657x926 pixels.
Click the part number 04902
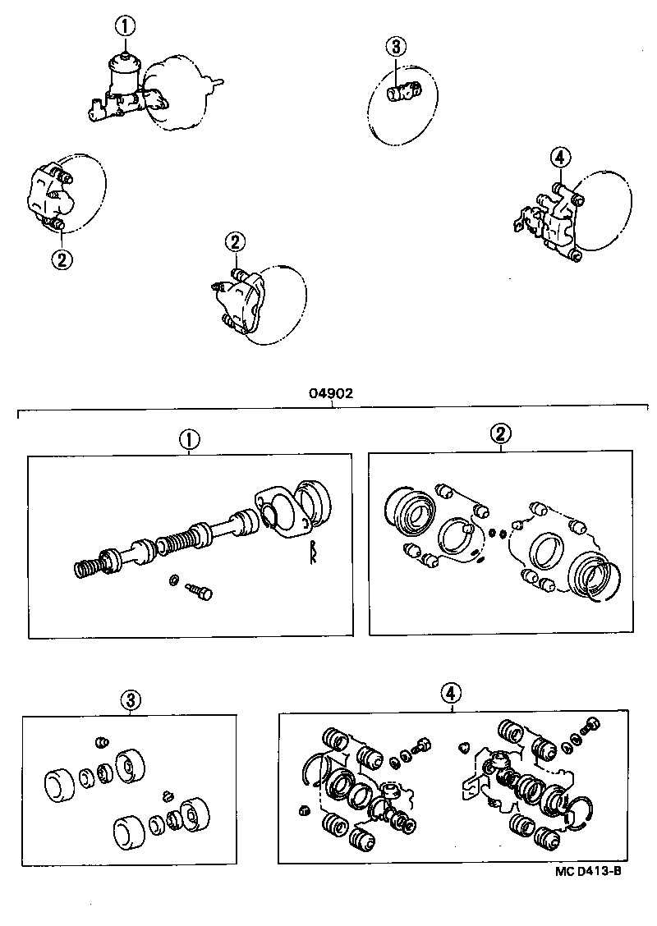coord(331,393)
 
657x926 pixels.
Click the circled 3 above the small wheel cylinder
coord(395,46)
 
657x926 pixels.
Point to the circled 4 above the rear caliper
coord(558,157)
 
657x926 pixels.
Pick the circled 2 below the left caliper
coord(62,259)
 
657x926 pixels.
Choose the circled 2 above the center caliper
coord(235,241)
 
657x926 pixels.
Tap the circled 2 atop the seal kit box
coord(499,435)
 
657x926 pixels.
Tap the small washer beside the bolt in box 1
coord(173,581)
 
